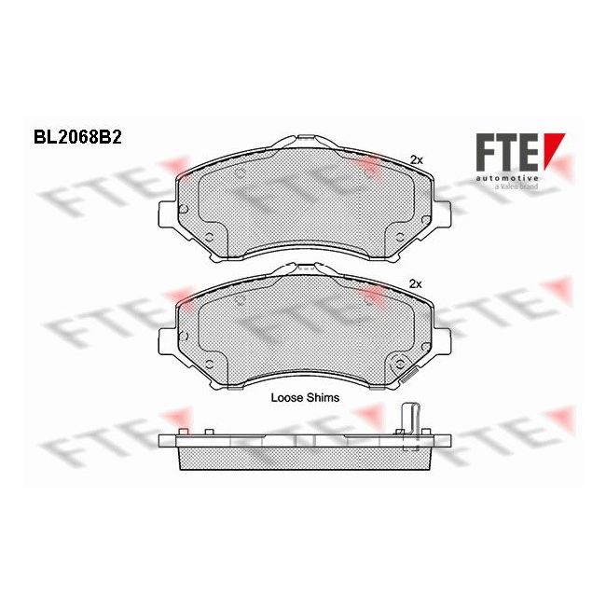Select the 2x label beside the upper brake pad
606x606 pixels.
tap(417, 160)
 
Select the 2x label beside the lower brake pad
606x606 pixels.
tap(417, 283)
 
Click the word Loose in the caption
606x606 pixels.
tap(287, 397)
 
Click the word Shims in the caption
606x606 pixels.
tap(323, 397)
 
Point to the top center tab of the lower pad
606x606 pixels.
tap(302, 269)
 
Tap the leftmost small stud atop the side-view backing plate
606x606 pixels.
tap(185, 430)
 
